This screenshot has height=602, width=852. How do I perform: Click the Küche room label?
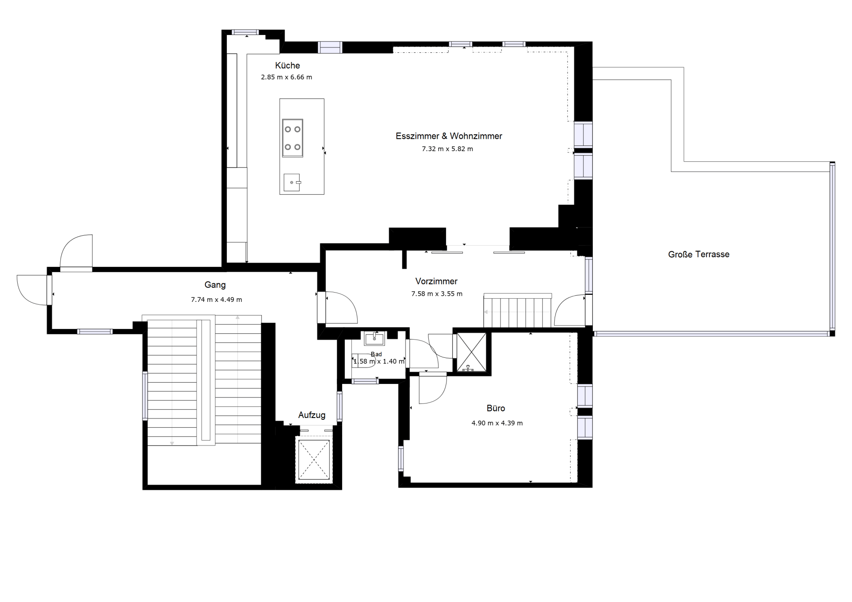pos(288,66)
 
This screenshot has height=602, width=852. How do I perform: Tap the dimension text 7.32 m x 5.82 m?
pos(447,149)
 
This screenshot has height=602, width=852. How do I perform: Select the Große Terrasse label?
pos(698,254)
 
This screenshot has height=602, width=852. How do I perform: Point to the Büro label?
pos(496,408)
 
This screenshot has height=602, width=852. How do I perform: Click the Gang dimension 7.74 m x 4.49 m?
pos(217,300)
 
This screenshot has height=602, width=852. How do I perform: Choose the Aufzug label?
pos(312,415)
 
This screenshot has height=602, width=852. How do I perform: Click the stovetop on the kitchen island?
pos(292,138)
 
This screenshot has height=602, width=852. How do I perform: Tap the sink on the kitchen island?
pos(292,182)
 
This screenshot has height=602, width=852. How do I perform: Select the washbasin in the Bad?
pos(375,338)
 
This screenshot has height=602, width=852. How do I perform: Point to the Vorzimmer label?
pos(436,281)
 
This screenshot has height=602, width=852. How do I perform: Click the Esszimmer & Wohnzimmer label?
pos(449,136)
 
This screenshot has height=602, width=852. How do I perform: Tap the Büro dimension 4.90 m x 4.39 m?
pos(497,423)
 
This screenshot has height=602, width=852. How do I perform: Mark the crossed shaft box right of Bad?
pos(472,352)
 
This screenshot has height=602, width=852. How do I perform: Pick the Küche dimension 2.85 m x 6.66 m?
pos(286,77)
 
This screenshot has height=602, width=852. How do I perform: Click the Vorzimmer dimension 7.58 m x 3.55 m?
pos(437,294)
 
